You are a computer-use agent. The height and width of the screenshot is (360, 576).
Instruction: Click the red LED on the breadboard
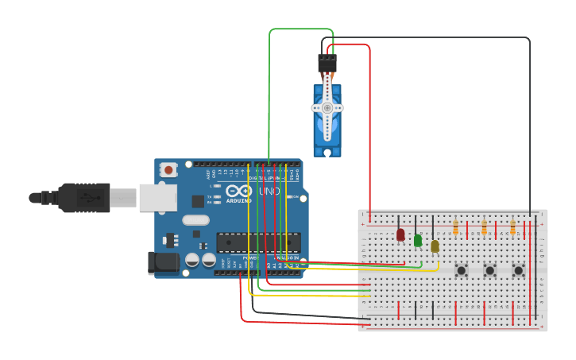pyautogui.click(x=400, y=234)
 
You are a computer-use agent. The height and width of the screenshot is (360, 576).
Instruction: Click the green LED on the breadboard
pyautogui.click(x=418, y=240)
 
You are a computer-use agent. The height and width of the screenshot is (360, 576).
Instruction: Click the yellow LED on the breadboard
pyautogui.click(x=435, y=246)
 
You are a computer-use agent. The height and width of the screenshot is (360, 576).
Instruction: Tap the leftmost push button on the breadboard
pyautogui.click(x=461, y=270)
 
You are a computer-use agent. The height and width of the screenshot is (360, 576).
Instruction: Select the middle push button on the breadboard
pyautogui.click(x=489, y=270)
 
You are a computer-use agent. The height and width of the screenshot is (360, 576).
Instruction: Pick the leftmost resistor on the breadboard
pyautogui.click(x=455, y=228)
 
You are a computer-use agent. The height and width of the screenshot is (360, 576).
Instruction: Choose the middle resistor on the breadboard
pyautogui.click(x=484, y=228)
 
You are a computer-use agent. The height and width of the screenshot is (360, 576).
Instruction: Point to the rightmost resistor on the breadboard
pyautogui.click(x=512, y=228)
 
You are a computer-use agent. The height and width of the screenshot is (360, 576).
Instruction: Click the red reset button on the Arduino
pyautogui.click(x=168, y=168)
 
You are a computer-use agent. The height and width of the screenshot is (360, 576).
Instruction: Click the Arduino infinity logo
pyautogui.click(x=238, y=192)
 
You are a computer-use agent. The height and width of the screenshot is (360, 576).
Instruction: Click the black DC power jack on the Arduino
pyautogui.click(x=162, y=262)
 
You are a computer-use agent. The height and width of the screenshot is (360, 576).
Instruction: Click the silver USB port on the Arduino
pyautogui.click(x=157, y=197)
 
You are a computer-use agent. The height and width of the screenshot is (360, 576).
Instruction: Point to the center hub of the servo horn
pyautogui.click(x=327, y=107)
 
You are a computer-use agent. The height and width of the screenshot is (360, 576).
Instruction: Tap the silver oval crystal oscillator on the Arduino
pyautogui.click(x=195, y=220)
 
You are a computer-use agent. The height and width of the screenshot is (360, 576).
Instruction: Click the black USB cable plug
pyautogui.click(x=83, y=197)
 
